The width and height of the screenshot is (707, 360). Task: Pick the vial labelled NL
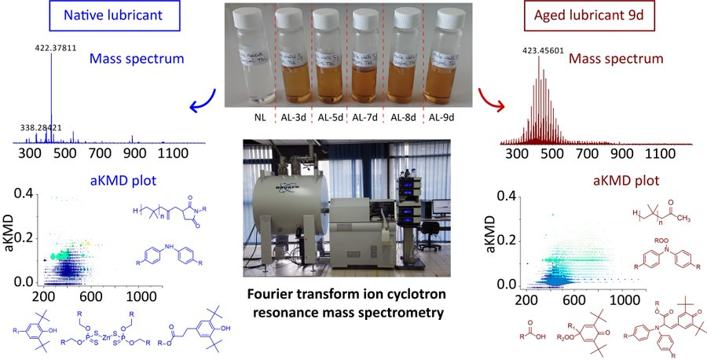pyautogui.click(x=251, y=67)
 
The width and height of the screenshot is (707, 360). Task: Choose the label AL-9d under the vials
pyautogui.click(x=443, y=119)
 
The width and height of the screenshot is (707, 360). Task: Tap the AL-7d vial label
pyautogui.click(x=368, y=119)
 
